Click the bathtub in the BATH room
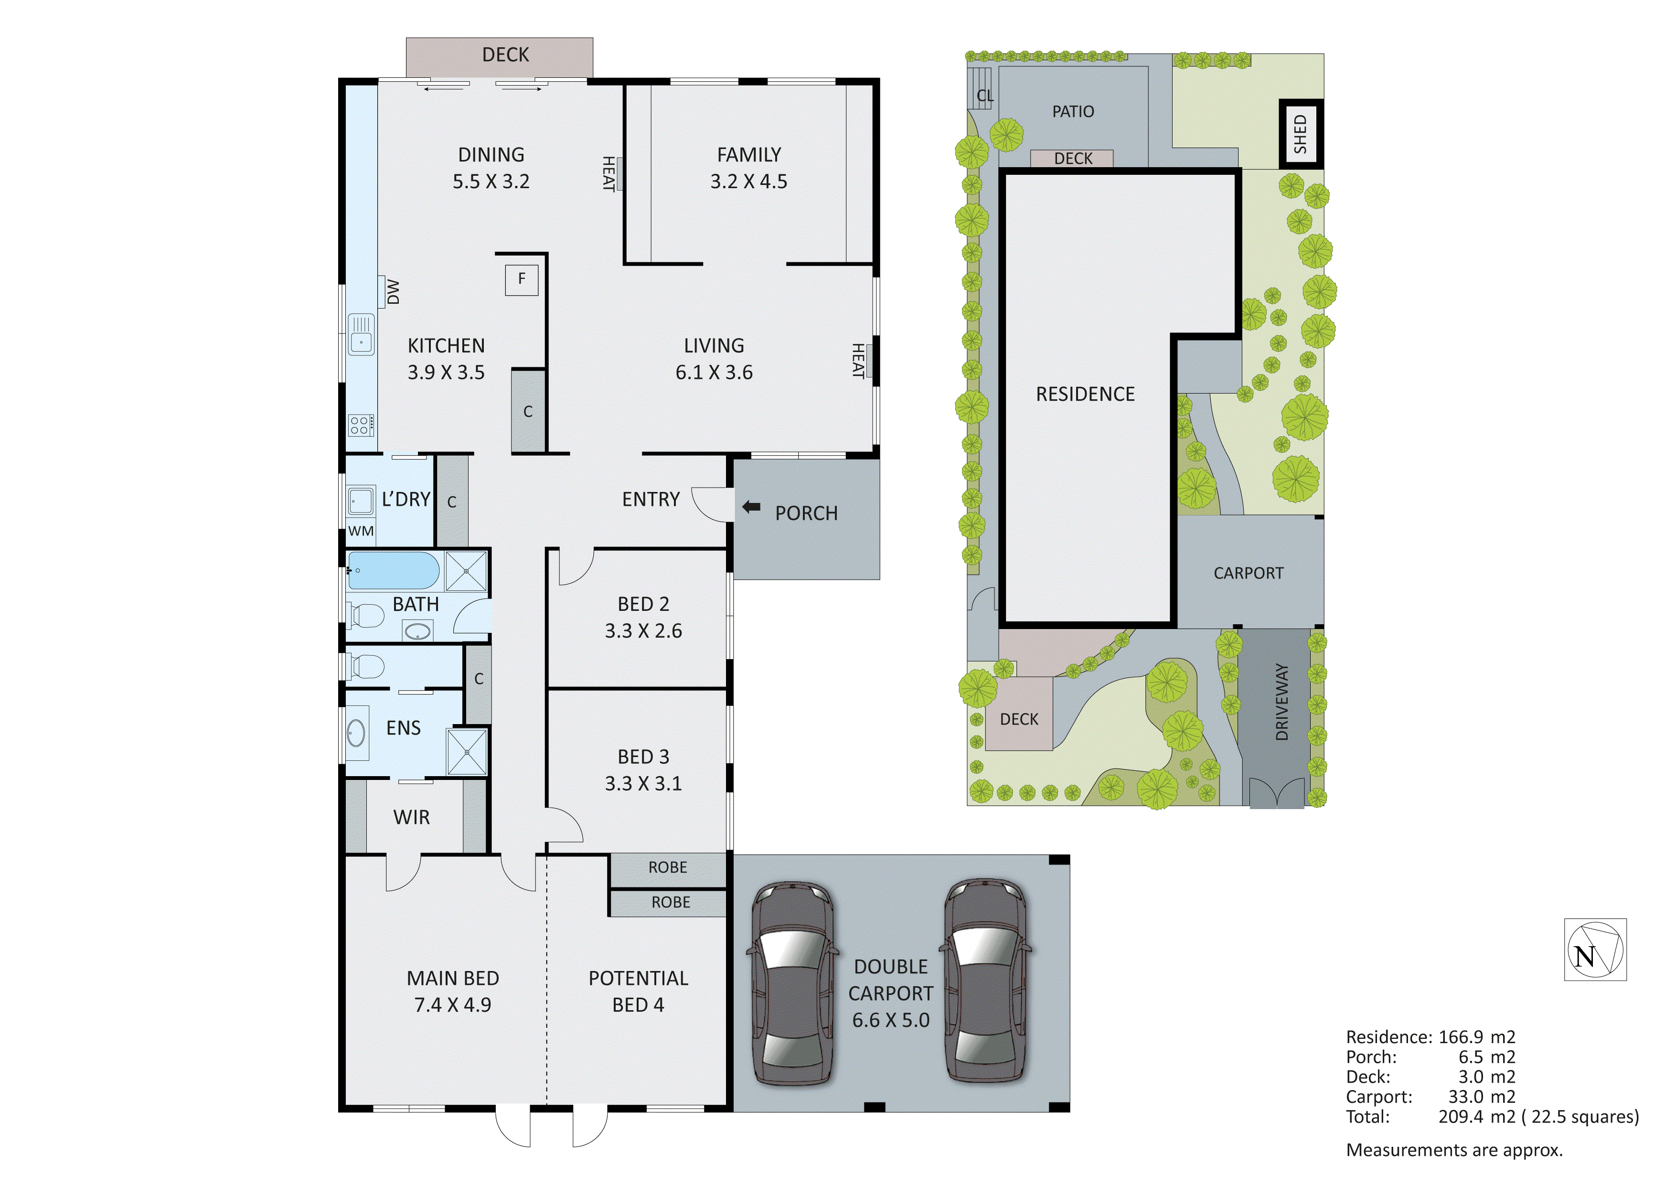tap(394, 570)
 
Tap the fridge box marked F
tap(521, 279)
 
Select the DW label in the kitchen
tap(394, 292)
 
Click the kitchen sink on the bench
tap(361, 335)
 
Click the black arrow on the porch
tap(751, 507)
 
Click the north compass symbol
tap(1595, 949)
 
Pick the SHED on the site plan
tap(1300, 134)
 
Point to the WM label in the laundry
tap(361, 531)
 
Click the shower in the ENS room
tap(467, 751)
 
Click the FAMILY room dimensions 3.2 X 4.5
tap(748, 181)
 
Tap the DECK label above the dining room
tap(505, 55)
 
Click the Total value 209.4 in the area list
tap(1461, 1116)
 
